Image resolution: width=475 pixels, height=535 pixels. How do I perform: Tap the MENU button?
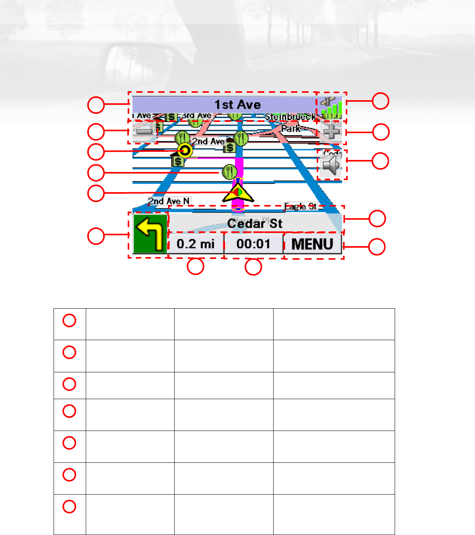coord(312,244)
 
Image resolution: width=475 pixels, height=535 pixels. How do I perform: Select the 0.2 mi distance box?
coord(196,244)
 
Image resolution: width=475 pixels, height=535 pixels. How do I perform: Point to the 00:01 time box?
coord(253,244)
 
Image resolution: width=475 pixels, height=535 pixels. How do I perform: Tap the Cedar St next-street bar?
coord(255,223)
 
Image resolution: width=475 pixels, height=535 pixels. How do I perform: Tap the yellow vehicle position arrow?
coord(238,193)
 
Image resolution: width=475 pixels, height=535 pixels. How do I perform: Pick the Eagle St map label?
coord(301,207)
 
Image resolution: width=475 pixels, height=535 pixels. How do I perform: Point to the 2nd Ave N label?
coord(169,201)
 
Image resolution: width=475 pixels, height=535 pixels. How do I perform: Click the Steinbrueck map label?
coord(290,117)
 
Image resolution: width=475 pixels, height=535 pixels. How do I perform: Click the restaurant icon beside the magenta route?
coord(229,172)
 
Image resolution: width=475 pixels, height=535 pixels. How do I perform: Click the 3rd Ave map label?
coord(197,116)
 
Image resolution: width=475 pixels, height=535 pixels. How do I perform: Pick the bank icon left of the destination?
coord(178,160)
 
